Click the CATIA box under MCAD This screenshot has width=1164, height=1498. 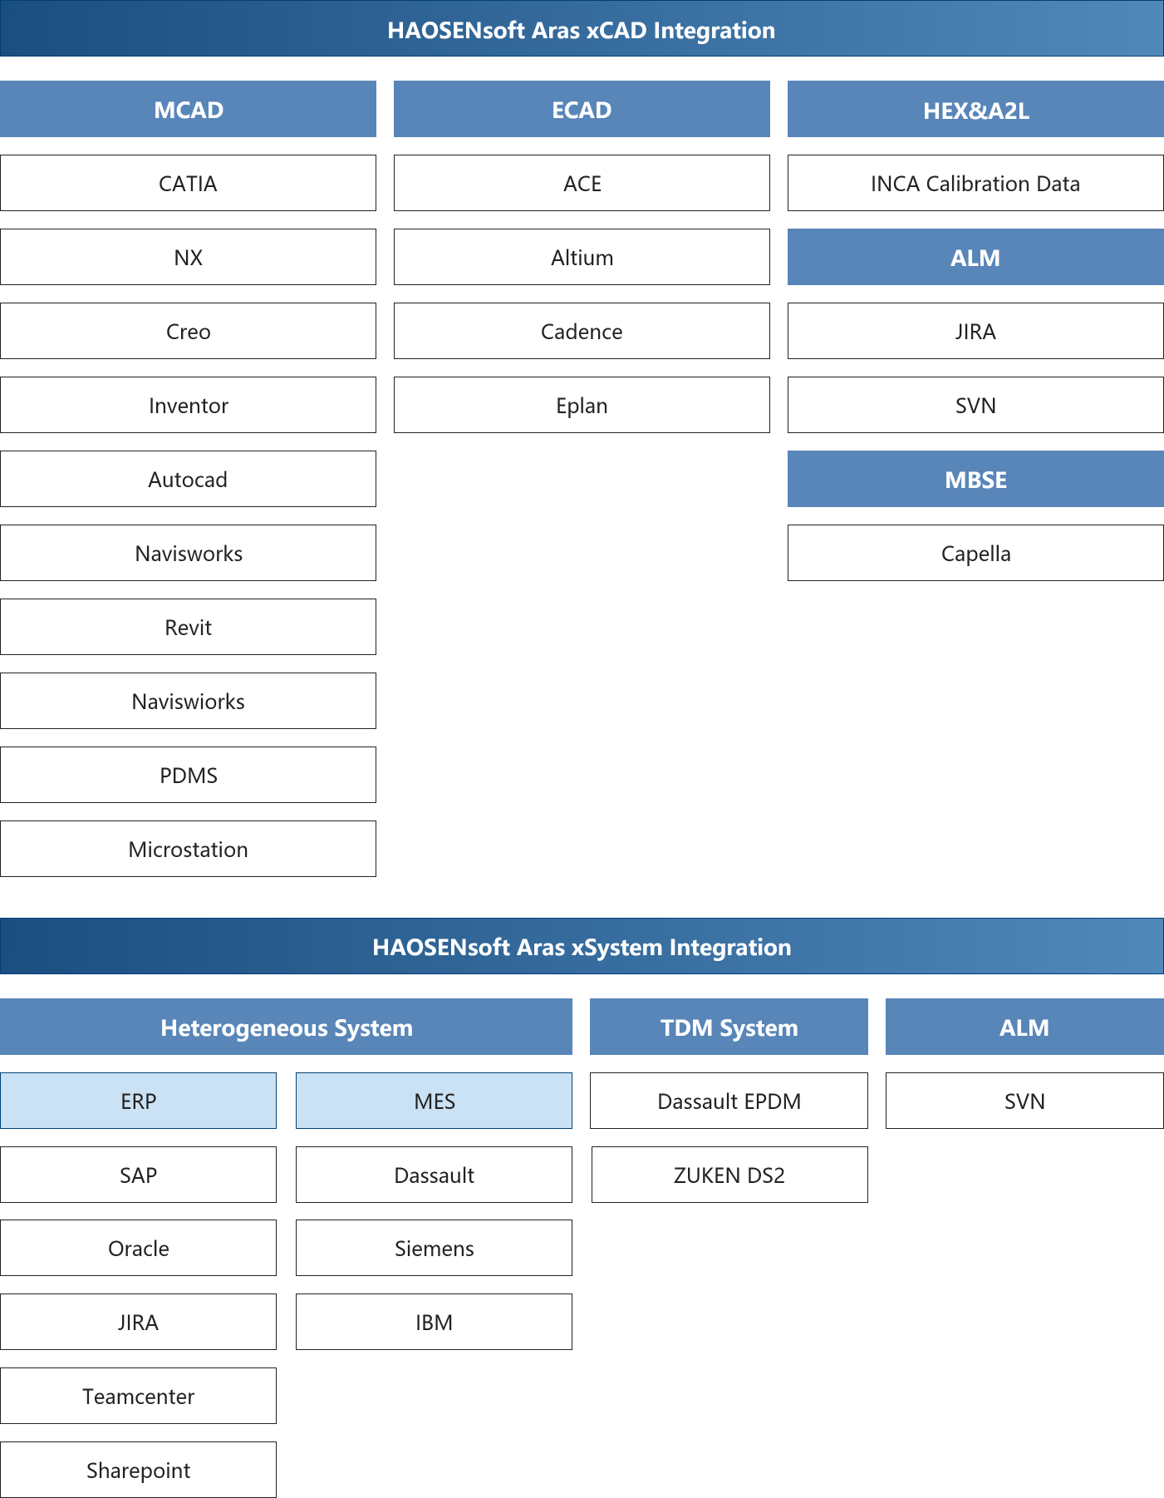tap(188, 183)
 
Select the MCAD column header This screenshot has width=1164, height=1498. tap(188, 109)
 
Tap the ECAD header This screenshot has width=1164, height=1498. tap(582, 109)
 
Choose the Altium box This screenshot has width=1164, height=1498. tap(582, 257)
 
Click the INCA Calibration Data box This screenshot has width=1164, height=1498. tap(975, 183)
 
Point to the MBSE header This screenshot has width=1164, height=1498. tap(975, 479)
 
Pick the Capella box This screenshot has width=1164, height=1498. tap(975, 553)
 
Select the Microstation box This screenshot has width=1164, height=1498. tap(188, 849)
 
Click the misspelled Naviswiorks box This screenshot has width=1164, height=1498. tap(188, 701)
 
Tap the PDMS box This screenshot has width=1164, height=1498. tap(188, 775)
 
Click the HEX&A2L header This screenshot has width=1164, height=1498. tap(975, 109)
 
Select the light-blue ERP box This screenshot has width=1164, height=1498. tap(138, 1101)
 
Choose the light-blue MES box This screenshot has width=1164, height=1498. tap(434, 1101)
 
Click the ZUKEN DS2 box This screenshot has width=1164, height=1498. tap(729, 1175)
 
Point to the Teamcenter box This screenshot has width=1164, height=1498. tap(138, 1396)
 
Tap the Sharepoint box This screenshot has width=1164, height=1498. tap(138, 1470)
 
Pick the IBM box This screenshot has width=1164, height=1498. tap(434, 1322)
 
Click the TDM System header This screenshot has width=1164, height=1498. tap(729, 1027)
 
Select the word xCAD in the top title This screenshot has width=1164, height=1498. tap(616, 30)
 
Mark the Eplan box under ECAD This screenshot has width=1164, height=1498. tap(582, 405)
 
